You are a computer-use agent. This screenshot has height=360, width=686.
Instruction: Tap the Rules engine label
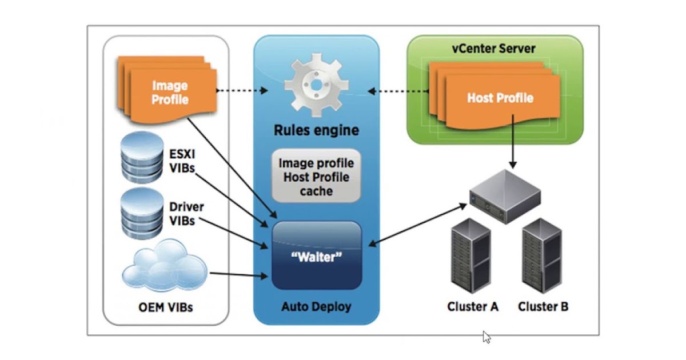(x=317, y=130)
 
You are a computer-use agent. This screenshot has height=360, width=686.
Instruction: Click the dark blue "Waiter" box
(x=317, y=255)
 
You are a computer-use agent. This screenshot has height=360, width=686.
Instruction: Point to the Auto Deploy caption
(x=317, y=307)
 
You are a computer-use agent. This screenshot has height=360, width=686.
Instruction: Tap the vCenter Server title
(x=494, y=48)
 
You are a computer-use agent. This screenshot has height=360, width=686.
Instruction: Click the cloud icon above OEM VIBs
(x=165, y=267)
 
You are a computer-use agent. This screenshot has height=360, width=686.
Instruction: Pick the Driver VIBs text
(x=186, y=213)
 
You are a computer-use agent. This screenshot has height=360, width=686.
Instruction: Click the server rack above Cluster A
(x=470, y=257)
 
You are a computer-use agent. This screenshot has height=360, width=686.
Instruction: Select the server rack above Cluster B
(x=541, y=257)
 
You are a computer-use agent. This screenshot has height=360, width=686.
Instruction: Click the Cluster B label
(x=543, y=307)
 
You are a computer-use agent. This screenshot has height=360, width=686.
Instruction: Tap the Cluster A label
(x=473, y=307)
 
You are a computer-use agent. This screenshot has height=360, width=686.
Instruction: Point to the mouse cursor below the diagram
(x=486, y=337)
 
